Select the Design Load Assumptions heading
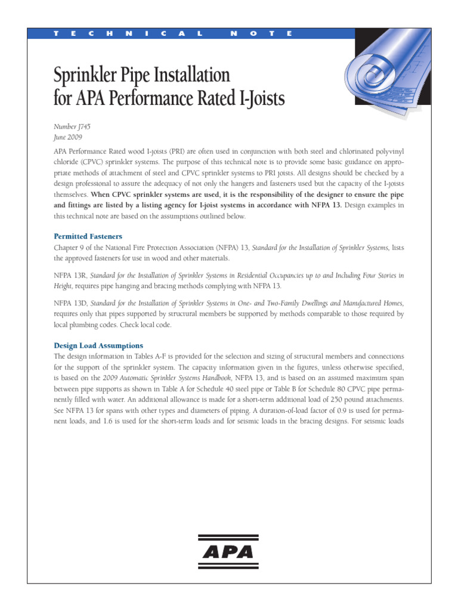98,345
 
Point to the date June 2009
67,137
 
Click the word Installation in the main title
187,75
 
